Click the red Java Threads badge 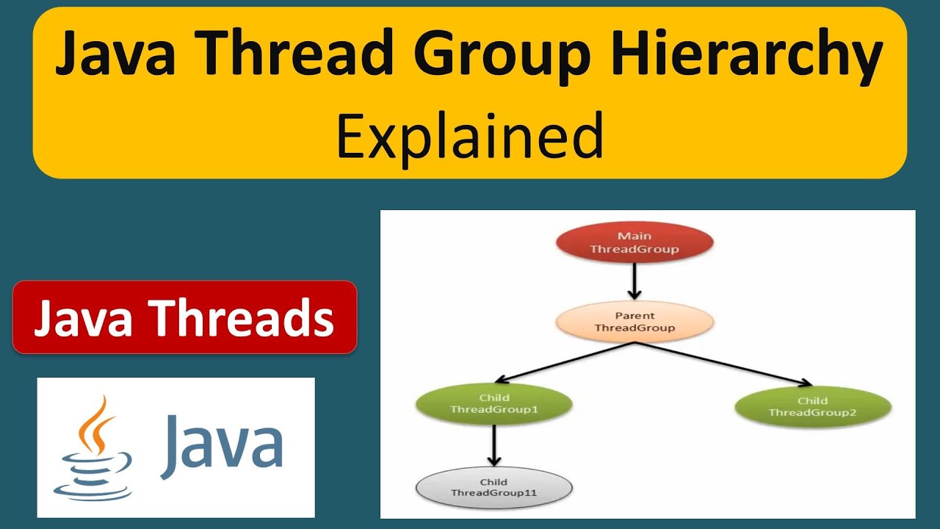[184, 317]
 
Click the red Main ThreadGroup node [634, 242]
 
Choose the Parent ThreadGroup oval [634, 322]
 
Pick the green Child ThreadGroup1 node [493, 403]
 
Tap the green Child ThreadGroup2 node [812, 406]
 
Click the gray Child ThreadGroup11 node [493, 487]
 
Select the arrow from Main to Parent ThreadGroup [634, 281]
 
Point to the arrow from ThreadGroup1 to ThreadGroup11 [493, 445]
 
